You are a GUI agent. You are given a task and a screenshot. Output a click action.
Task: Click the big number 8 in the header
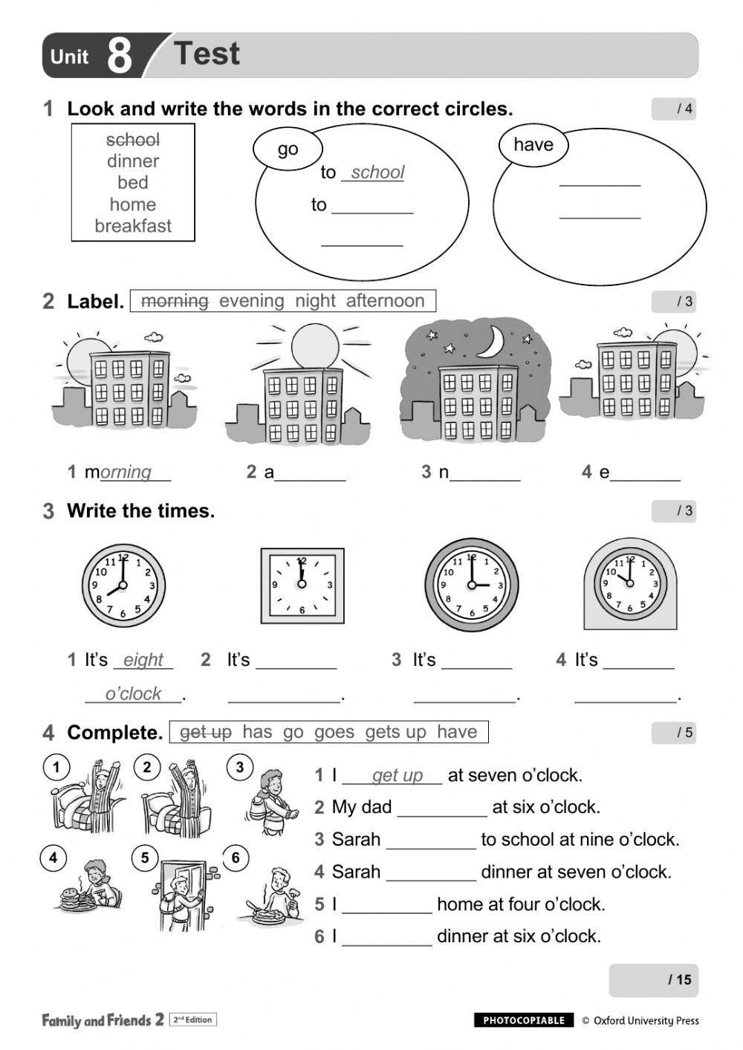coord(119,56)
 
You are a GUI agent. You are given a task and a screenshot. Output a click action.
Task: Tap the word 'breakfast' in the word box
coord(133,226)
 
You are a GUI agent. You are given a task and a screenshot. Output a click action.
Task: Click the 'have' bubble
coord(533,144)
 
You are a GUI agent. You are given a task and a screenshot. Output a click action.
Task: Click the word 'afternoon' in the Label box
coord(385,301)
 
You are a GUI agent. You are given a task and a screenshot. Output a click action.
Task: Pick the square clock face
coord(302,586)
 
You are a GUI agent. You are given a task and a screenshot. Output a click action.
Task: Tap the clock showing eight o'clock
coord(123,586)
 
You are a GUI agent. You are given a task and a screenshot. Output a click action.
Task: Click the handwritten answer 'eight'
coord(143,660)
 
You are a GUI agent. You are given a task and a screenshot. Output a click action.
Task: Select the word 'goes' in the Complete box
coord(334,732)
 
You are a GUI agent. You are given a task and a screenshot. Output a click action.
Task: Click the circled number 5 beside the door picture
coord(145,858)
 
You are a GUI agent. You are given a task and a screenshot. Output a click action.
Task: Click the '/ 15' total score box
coord(653,980)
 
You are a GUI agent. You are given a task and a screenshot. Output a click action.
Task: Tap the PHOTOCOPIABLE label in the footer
coord(524,1020)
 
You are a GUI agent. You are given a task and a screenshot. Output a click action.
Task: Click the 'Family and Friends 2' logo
coord(103,1020)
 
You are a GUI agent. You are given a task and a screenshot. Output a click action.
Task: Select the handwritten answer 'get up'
coord(397,775)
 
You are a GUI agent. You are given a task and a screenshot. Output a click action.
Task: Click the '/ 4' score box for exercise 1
coord(674,109)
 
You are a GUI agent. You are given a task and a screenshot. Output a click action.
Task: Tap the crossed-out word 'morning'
coord(175,301)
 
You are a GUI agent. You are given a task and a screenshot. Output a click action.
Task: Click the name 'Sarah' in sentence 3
coord(356,840)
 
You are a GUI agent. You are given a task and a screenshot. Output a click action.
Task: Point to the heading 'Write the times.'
coord(140,511)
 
